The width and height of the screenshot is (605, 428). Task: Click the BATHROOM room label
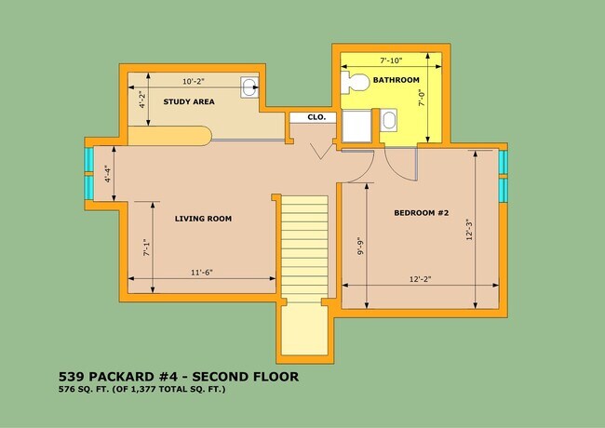396,80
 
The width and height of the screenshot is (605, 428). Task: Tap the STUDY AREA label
189,101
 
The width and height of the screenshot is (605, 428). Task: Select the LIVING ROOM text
203,219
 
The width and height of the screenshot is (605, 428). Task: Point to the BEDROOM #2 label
422,213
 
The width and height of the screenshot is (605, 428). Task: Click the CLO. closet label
316,117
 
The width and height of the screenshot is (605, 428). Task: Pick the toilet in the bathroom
356,82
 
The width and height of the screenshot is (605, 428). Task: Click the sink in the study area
249,87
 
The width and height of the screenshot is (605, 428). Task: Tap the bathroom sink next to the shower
388,120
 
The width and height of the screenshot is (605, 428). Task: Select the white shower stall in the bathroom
356,127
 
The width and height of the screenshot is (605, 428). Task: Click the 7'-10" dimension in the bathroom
391,60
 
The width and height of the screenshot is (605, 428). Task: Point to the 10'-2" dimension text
194,81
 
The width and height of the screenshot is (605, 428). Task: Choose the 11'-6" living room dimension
202,273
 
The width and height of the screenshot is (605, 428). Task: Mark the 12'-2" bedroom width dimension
420,279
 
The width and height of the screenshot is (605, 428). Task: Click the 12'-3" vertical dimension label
469,230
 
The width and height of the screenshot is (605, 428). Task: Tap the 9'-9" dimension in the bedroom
360,246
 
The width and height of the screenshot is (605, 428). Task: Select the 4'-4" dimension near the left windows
108,174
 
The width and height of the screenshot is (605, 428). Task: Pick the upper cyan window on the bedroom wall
503,162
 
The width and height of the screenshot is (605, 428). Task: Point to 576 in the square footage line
65,389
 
